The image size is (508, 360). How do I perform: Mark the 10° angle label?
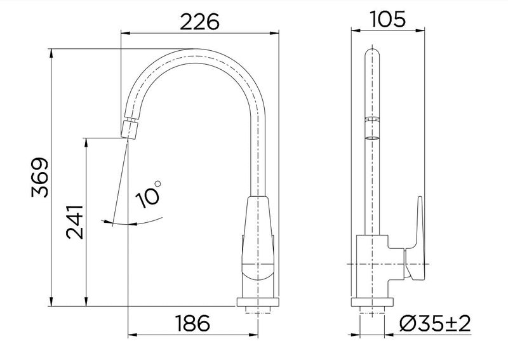click(149, 194)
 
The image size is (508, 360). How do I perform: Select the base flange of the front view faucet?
click(258, 302)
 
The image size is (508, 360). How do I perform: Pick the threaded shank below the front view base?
click(258, 310)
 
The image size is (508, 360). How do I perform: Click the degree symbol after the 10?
click(157, 184)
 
